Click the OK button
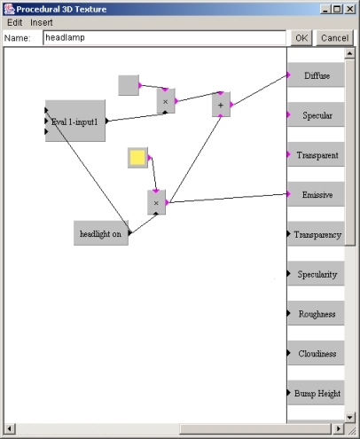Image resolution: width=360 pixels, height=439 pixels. coord(301,38)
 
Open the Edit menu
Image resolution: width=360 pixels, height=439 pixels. coord(14,22)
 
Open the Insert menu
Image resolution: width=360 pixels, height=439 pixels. coord(42,22)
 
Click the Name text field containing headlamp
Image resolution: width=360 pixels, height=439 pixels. coord(165,38)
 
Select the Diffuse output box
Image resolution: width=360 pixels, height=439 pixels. coord(317,75)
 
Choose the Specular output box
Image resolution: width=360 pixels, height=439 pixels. coord(317,114)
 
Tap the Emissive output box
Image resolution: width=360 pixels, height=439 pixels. coord(317,194)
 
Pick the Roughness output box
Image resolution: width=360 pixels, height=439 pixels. coord(317,313)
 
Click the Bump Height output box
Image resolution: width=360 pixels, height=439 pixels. coord(317,393)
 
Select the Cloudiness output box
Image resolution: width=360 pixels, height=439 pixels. coord(317,353)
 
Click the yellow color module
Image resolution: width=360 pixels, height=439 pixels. coord(137,158)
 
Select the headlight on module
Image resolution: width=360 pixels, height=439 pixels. coord(101,233)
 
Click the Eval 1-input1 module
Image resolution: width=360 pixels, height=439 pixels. coord(75,121)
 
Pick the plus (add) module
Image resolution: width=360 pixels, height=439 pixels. coord(221,105)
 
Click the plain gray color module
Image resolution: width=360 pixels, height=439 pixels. coord(129,85)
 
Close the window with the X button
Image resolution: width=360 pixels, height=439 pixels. coord(350,9)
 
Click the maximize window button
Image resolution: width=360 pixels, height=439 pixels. coord(337,9)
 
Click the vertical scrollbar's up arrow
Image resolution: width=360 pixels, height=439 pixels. coord(349,53)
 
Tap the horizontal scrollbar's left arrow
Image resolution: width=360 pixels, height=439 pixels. coord(10,428)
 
